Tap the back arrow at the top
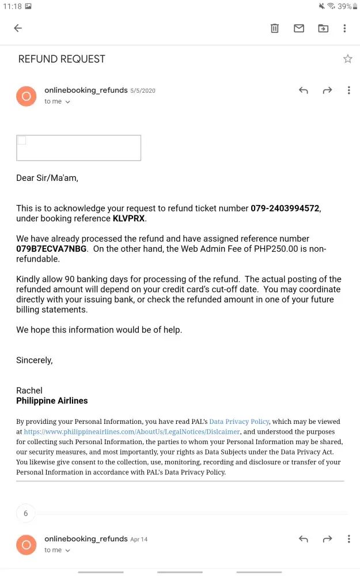click(x=18, y=28)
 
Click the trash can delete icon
click(x=275, y=28)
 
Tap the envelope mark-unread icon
click(x=299, y=28)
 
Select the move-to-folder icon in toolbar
click(x=323, y=28)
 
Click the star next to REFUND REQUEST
click(x=347, y=59)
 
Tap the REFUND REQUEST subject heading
click(x=62, y=59)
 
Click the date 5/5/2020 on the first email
click(x=143, y=91)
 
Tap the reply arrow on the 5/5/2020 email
click(x=304, y=90)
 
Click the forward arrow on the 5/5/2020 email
click(x=327, y=90)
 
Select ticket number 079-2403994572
click(x=285, y=209)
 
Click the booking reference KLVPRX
click(x=129, y=219)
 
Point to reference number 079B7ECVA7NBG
click(x=51, y=249)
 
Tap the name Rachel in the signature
click(x=29, y=391)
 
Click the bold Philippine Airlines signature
click(x=52, y=400)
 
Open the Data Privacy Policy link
click(x=239, y=422)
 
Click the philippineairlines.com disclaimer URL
click(x=132, y=432)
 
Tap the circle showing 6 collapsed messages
click(x=25, y=513)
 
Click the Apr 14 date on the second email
click(x=139, y=540)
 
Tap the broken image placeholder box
click(x=78, y=148)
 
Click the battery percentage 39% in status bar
click(x=344, y=6)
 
